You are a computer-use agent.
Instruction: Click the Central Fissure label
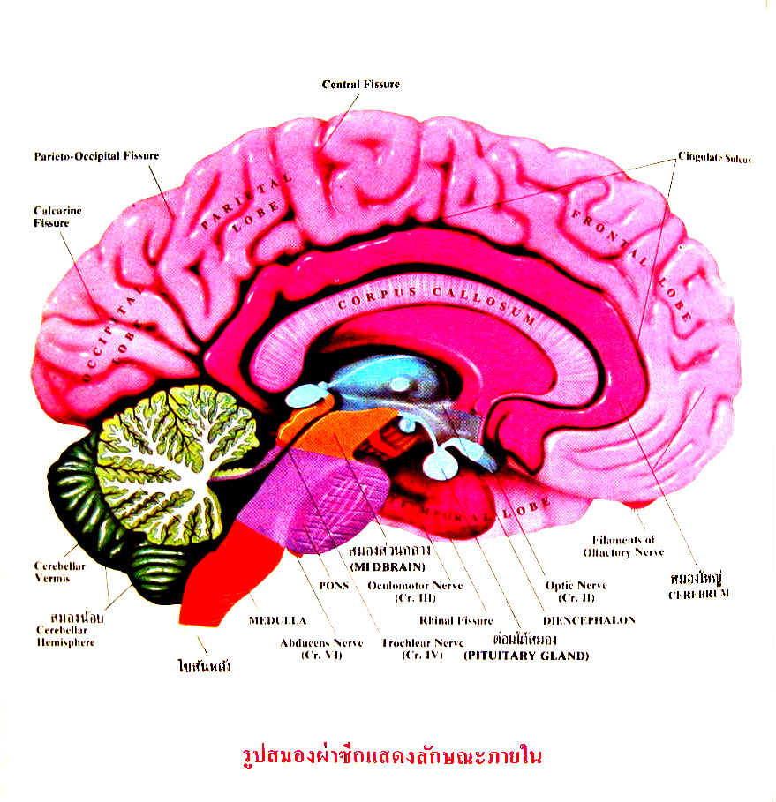360,85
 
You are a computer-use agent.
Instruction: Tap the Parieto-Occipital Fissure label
97,156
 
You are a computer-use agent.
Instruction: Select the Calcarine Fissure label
51,217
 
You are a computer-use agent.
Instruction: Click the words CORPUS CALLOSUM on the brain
437,302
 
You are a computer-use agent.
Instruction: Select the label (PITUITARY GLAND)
526,656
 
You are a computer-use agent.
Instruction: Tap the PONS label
335,585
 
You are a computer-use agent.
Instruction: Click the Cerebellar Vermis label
60,572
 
